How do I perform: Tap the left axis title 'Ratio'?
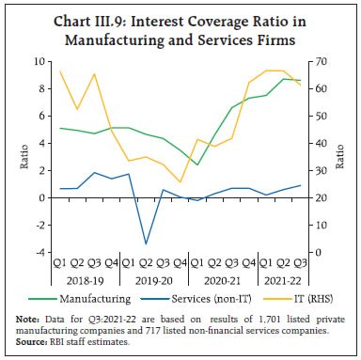[x=24, y=157]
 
